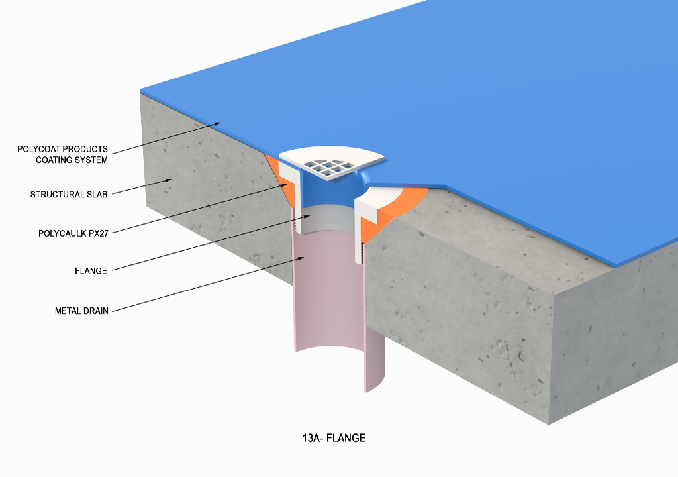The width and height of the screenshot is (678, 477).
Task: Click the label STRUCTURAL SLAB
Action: pyautogui.click(x=69, y=195)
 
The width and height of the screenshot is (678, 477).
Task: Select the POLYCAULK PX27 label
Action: pyautogui.click(x=74, y=233)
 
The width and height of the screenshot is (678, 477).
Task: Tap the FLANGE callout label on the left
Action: pyautogui.click(x=91, y=270)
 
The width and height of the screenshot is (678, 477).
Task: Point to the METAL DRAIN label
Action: pyautogui.click(x=81, y=310)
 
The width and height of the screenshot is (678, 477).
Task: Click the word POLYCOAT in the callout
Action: pyautogui.click(x=37, y=149)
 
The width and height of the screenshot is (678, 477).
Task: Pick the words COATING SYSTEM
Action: pyautogui.click(x=72, y=160)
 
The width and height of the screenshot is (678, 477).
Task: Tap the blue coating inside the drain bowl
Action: pyautogui.click(x=324, y=195)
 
